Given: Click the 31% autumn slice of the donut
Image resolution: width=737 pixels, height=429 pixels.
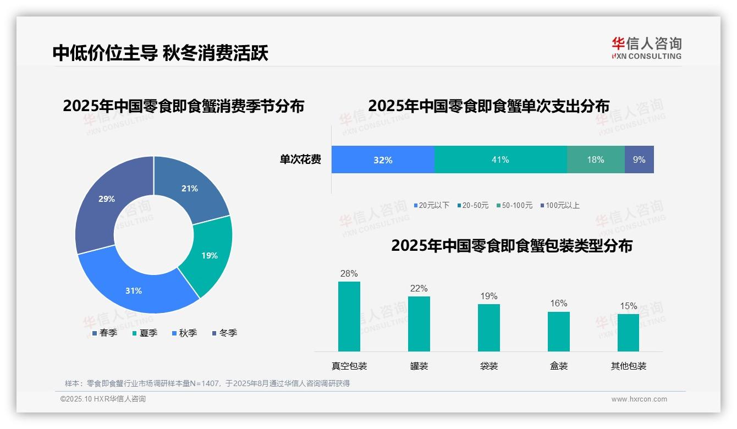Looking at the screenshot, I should (134, 290).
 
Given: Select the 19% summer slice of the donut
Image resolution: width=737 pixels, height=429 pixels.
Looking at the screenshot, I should (209, 255).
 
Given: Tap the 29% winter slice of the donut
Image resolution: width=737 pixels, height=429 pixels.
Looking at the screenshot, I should (107, 199).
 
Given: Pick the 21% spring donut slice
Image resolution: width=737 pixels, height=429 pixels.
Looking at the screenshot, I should (190, 189).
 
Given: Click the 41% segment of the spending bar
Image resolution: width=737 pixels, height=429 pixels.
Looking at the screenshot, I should (500, 159).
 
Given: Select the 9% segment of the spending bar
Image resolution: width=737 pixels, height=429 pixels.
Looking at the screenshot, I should (639, 159).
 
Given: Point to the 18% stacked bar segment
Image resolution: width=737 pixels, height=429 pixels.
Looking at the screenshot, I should (595, 159).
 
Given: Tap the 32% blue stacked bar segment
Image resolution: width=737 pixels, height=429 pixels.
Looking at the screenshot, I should (383, 159).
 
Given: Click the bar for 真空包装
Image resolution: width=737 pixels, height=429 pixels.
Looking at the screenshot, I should (349, 316).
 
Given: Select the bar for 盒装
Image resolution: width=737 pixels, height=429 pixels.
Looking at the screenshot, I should (559, 331).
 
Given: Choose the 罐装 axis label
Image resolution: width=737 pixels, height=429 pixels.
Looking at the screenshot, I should (419, 366).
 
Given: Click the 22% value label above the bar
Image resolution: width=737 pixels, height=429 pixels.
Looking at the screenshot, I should (419, 289).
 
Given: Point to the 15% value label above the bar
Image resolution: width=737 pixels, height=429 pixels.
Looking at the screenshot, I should (629, 306).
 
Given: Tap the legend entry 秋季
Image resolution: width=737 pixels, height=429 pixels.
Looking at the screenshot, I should (185, 333).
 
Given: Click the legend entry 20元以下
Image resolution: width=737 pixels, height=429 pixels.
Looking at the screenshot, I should (432, 205).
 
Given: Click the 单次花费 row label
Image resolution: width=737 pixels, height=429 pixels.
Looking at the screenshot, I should (300, 160).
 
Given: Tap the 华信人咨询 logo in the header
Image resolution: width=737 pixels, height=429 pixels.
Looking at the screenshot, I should (646, 48).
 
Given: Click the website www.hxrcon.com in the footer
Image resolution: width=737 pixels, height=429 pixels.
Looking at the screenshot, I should (639, 399).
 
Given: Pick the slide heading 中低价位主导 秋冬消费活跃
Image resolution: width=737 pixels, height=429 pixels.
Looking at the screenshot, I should (161, 53).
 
